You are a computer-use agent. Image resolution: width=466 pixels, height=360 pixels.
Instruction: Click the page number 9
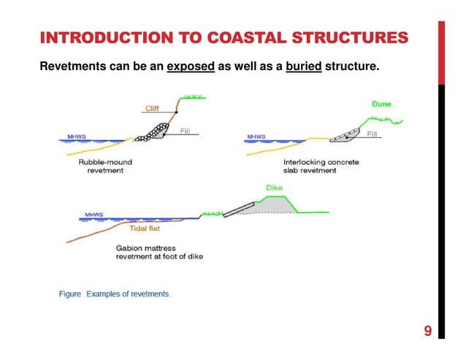click(427, 333)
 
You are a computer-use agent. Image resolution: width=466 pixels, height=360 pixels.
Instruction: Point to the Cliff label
click(152, 108)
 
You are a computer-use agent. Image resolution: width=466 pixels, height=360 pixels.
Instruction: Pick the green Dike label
click(274, 188)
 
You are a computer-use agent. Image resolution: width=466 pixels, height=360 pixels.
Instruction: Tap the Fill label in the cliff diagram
click(187, 131)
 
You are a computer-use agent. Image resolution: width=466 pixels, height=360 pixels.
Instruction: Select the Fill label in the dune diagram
click(373, 134)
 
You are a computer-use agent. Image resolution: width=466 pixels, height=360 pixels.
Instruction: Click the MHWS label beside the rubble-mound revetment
click(75, 137)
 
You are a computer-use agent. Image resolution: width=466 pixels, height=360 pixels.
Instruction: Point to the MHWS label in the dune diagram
click(256, 137)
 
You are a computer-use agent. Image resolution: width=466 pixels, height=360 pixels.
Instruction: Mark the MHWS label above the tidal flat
click(93, 214)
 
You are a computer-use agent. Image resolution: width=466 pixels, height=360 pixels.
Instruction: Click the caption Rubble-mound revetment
click(102, 166)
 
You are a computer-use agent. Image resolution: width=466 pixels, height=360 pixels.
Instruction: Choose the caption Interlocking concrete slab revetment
click(321, 166)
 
